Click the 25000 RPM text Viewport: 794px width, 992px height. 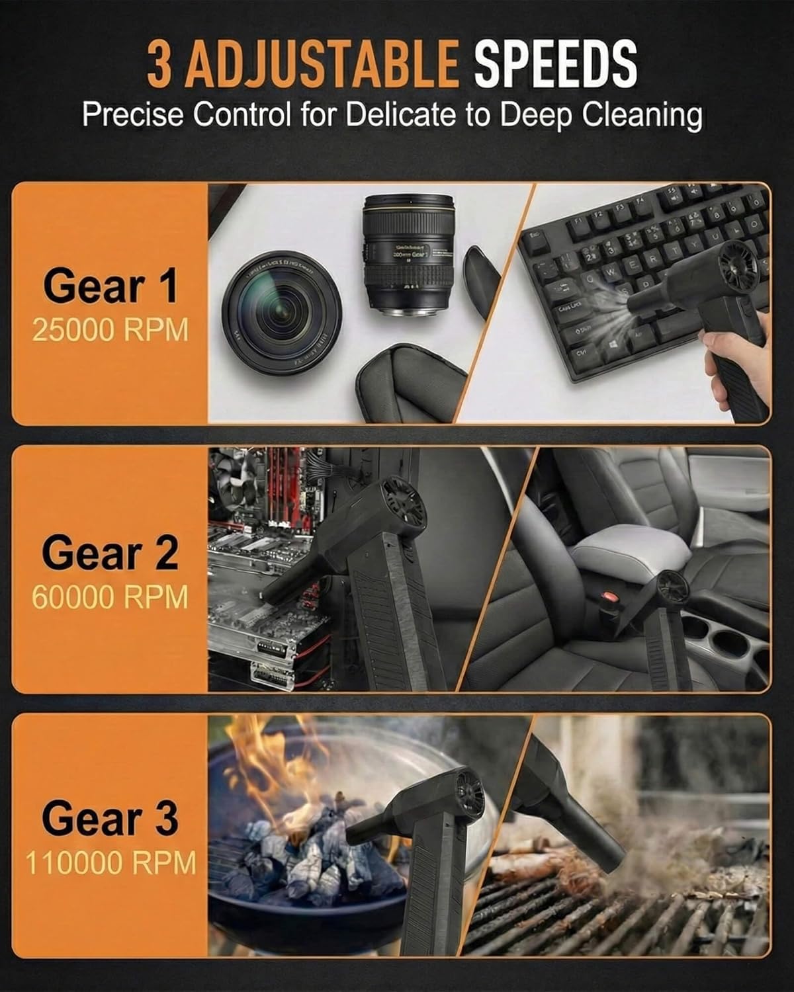click(x=110, y=329)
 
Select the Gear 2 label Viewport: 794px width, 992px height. click(x=110, y=553)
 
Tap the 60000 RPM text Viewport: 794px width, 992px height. click(x=110, y=597)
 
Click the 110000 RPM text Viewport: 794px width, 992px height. click(x=110, y=863)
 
